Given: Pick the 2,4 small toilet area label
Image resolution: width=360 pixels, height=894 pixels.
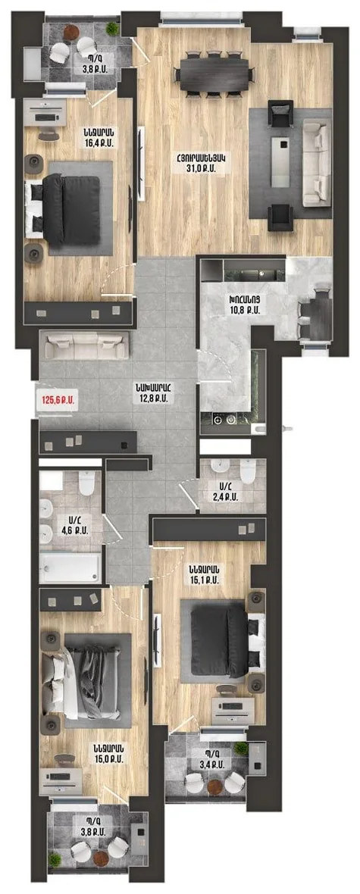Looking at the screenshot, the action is click(227, 496).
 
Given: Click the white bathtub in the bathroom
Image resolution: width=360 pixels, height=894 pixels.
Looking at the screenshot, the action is click(70, 567).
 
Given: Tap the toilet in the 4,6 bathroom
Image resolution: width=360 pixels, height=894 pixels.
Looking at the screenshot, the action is click(86, 483).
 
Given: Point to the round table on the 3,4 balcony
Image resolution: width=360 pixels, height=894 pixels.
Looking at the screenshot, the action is click(215, 787).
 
